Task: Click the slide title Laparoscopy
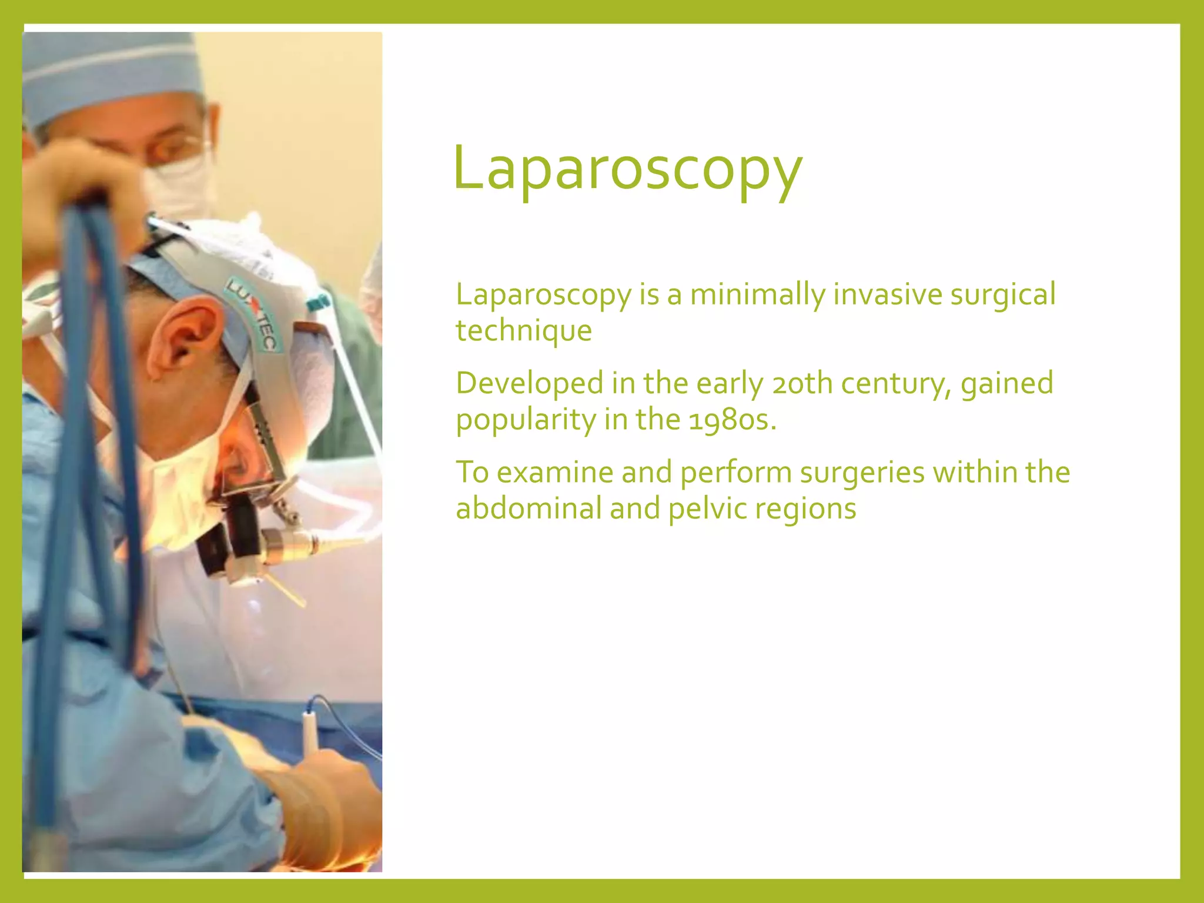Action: pyautogui.click(x=627, y=169)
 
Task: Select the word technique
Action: pyautogui.click(x=524, y=330)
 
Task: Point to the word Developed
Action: pyautogui.click(x=530, y=384)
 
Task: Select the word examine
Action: pyautogui.click(x=554, y=473)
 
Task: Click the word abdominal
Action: pyautogui.click(x=529, y=509)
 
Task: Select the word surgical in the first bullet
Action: pyautogui.click(x=1003, y=295)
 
